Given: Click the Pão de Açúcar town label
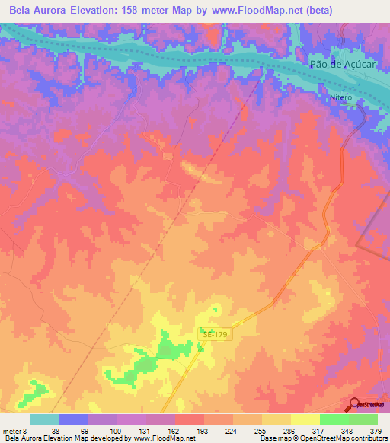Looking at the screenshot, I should coord(344,65).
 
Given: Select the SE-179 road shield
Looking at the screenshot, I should coord(215,334).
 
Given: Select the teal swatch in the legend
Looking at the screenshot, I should coord(45,419).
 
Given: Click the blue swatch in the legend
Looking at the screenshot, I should coord(74,419).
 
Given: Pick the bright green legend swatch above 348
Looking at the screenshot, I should coord(334,419).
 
